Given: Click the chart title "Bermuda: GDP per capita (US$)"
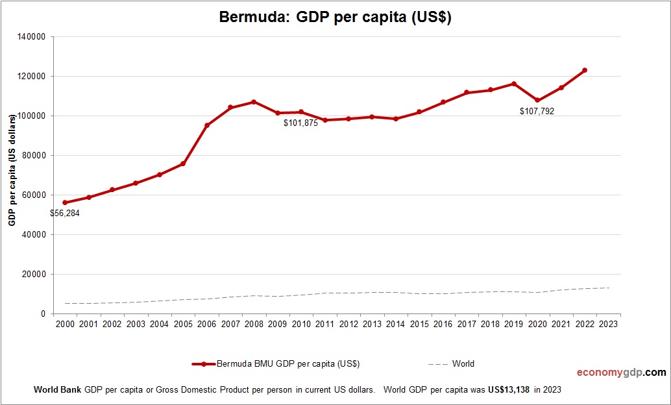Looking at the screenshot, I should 335,18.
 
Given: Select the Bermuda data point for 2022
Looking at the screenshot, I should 585,70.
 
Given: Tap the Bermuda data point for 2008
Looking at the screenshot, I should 254,102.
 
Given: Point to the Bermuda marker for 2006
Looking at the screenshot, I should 206,125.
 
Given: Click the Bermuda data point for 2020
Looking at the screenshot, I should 537,101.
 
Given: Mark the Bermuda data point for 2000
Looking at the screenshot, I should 65,202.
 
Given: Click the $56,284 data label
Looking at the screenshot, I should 65,213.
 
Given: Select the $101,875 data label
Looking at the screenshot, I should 300,123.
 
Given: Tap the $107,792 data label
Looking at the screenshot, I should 537,112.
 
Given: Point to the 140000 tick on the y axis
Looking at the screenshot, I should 31,37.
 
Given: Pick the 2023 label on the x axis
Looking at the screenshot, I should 608,323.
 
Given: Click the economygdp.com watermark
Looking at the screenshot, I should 621,373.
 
